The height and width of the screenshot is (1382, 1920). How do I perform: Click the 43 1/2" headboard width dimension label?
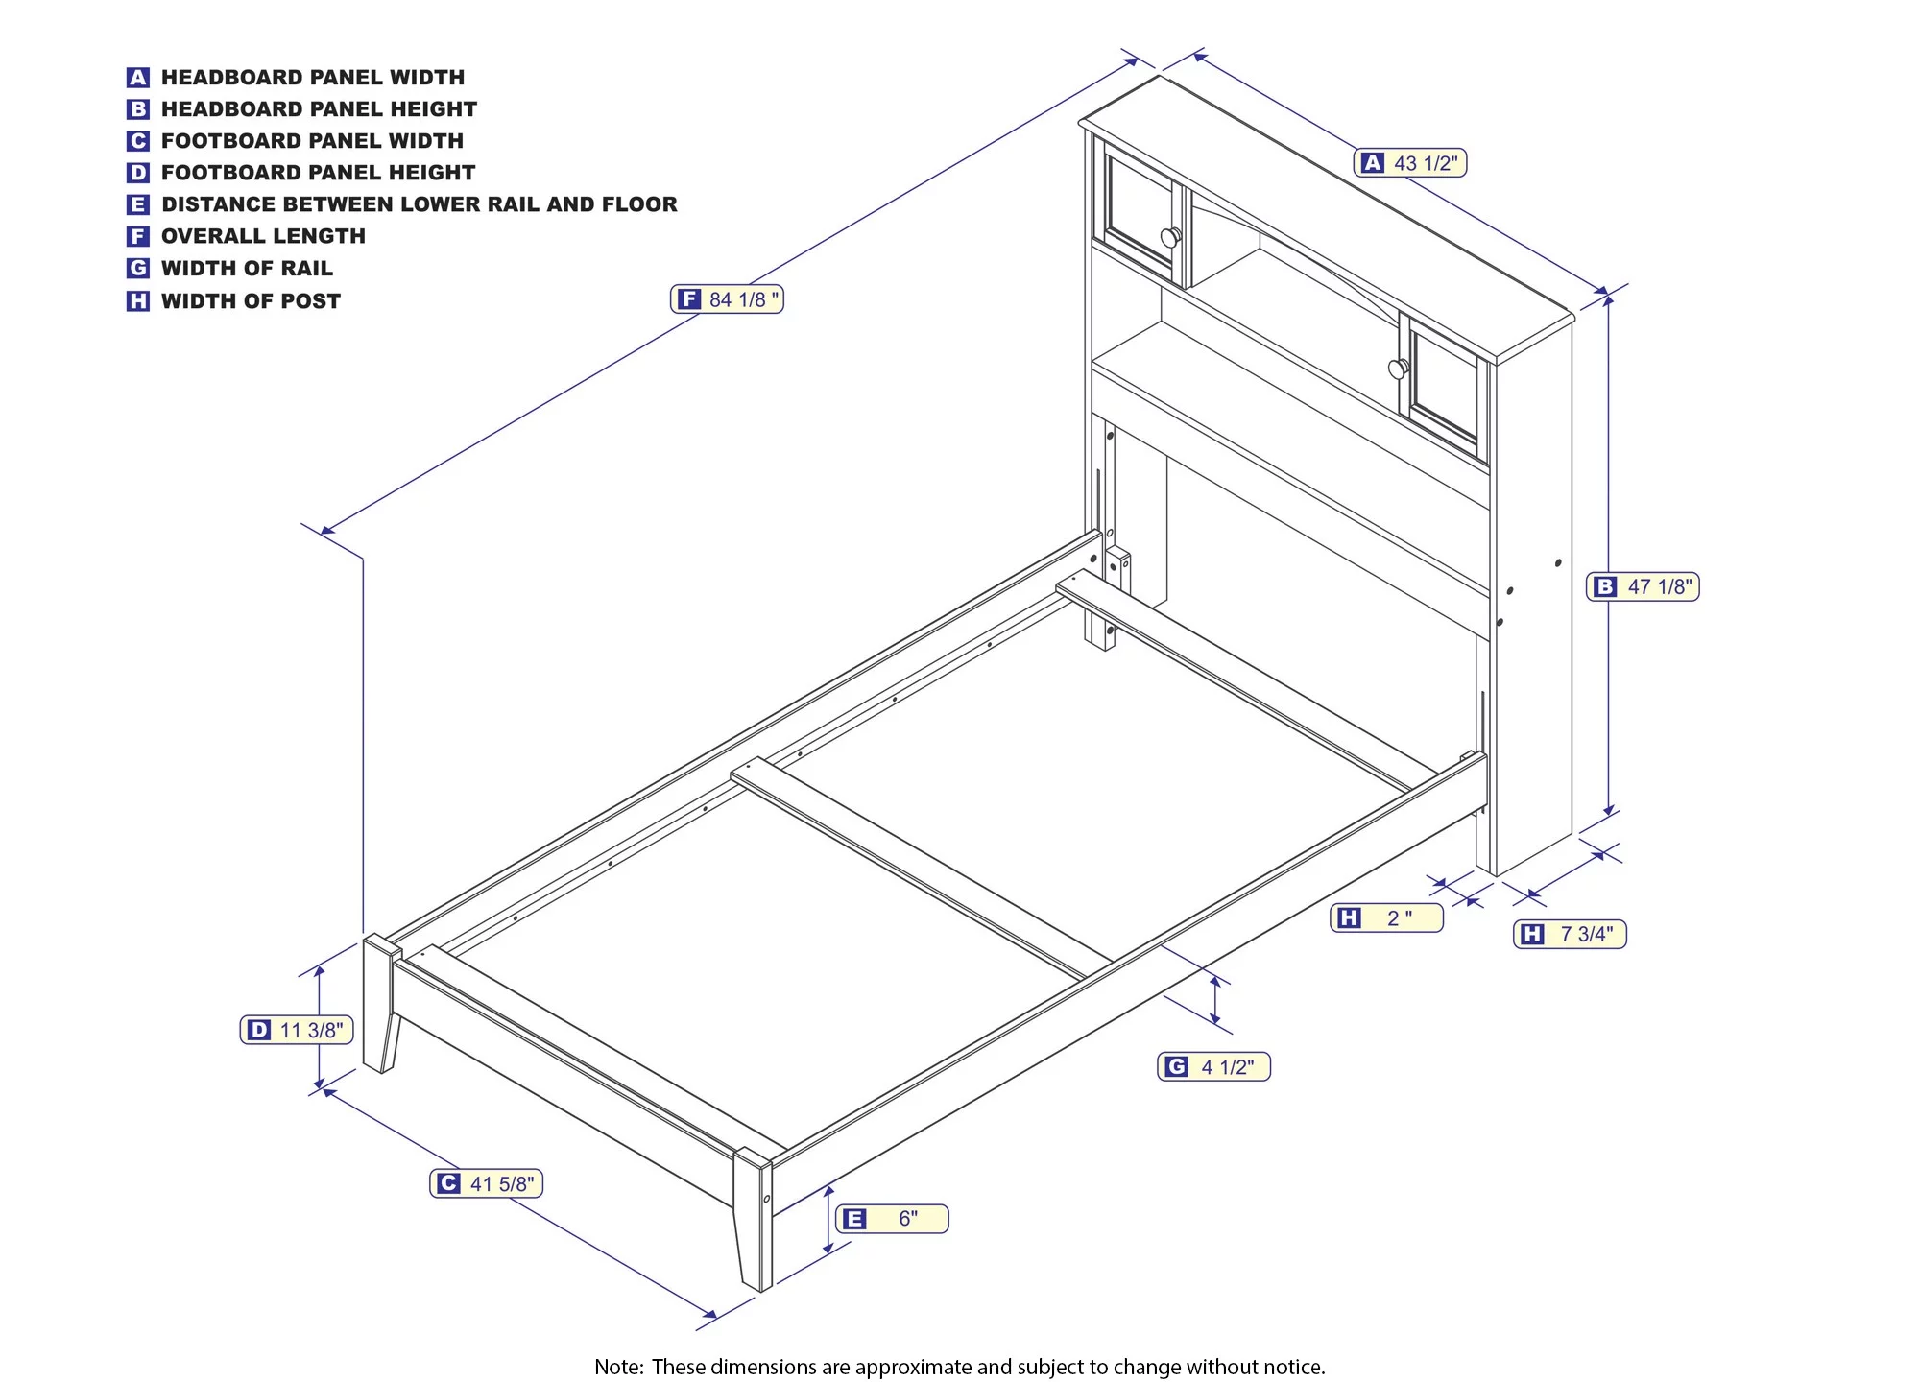[x=1410, y=163]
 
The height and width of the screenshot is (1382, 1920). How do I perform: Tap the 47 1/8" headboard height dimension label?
[x=1643, y=586]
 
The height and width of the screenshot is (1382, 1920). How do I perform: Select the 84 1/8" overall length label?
[x=727, y=299]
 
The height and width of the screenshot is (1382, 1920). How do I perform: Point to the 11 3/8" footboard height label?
[x=297, y=1030]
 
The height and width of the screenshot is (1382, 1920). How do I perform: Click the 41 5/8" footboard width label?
[x=487, y=1183]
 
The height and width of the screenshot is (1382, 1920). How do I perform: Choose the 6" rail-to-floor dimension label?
[x=892, y=1219]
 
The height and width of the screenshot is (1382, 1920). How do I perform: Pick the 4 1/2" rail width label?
[x=1213, y=1066]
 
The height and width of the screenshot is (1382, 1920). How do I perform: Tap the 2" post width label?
[x=1387, y=918]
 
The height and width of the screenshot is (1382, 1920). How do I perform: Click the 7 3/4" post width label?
[x=1571, y=934]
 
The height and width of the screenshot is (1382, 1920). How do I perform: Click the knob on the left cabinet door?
[x=1171, y=237]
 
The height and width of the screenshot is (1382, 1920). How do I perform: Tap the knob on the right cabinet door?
[x=1399, y=368]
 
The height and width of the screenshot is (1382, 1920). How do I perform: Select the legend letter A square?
[x=138, y=78]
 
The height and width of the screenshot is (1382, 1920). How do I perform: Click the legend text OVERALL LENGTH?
[x=263, y=236]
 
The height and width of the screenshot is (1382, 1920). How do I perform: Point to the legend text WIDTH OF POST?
[x=251, y=301]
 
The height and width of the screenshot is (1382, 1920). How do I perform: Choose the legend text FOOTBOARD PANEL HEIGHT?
[x=318, y=173]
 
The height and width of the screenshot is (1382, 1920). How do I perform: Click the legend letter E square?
[x=138, y=204]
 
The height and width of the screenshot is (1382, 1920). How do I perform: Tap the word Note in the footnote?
[x=617, y=1367]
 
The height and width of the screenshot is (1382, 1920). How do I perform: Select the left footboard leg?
[x=382, y=1004]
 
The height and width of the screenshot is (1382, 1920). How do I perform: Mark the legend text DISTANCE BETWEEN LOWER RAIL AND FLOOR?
[x=420, y=204]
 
